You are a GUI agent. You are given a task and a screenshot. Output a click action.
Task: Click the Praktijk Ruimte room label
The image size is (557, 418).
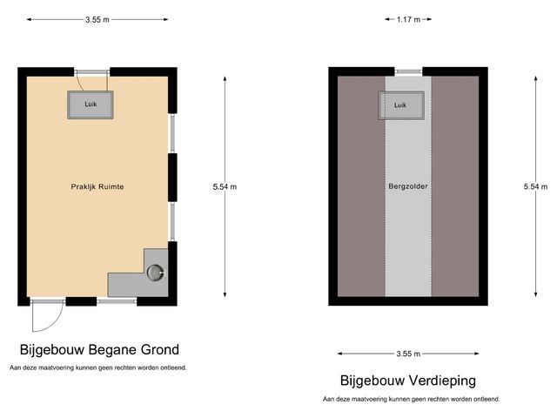[97, 186]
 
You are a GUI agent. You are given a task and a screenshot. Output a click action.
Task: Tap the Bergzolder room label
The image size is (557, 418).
[407, 186]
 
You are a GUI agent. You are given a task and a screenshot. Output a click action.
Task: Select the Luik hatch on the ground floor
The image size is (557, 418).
[91, 105]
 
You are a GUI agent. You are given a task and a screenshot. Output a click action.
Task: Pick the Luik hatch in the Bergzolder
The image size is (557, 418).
[400, 105]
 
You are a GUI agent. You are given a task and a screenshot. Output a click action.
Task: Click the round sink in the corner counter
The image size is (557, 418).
[156, 273]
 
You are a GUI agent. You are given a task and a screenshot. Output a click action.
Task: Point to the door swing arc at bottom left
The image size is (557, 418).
[42, 320]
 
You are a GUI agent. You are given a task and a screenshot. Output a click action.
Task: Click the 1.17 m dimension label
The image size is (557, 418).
[407, 19]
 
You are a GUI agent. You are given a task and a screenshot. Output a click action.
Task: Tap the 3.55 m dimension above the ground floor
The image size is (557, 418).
[97, 19]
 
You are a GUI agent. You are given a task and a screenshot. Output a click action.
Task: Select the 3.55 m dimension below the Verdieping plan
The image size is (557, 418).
[407, 354]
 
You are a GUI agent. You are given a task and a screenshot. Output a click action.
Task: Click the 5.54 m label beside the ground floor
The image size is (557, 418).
[225, 186]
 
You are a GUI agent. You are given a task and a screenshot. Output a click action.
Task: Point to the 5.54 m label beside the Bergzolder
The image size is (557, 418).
[536, 186]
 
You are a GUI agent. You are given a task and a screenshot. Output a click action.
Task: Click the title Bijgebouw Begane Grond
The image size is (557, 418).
[99, 350]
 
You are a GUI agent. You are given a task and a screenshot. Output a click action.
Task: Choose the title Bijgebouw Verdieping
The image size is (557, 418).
[407, 381]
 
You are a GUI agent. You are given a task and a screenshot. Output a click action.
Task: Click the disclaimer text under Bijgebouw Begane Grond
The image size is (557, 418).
[97, 367]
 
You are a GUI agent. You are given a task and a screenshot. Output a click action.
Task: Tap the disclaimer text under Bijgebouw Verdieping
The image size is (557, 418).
[411, 399]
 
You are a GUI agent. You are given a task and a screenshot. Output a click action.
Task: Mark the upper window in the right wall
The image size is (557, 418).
[172, 133]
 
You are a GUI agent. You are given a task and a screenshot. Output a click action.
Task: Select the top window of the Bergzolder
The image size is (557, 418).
[407, 72]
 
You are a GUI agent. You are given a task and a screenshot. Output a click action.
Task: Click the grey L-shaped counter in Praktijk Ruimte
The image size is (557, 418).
[126, 284]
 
